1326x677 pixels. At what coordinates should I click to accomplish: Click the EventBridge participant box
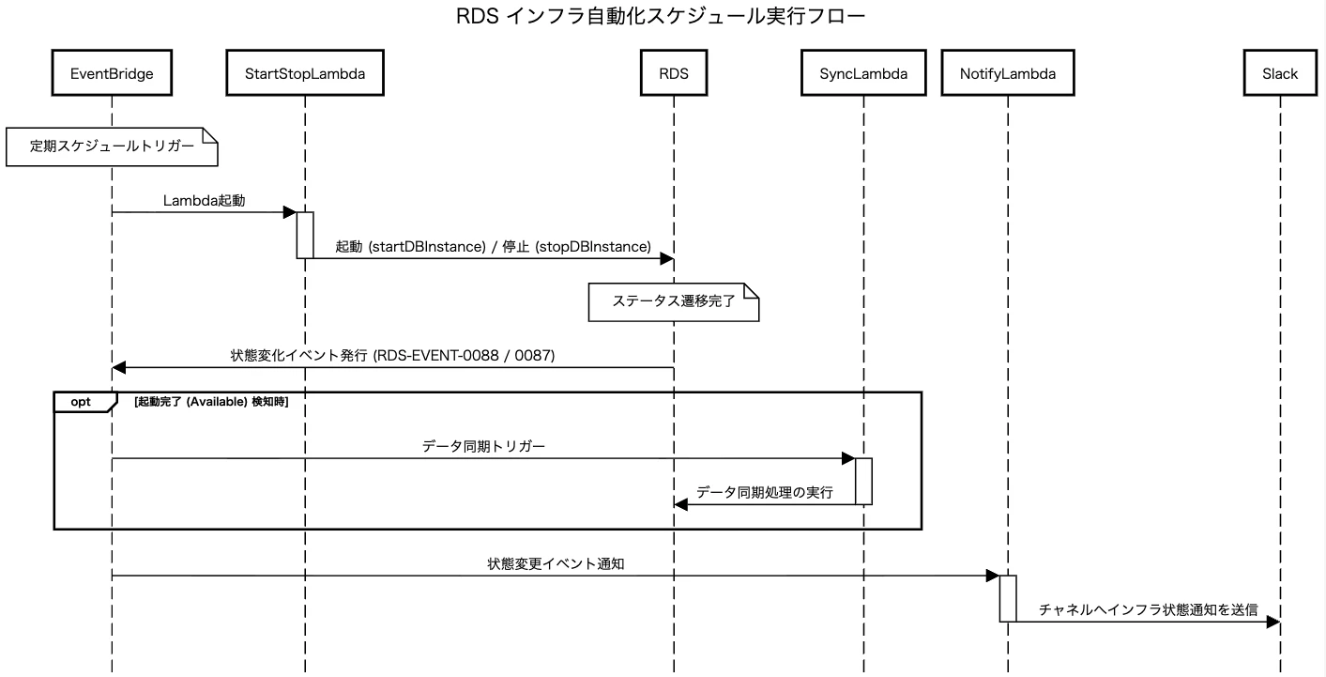click(x=112, y=73)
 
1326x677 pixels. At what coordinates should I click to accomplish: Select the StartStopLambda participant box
click(x=305, y=73)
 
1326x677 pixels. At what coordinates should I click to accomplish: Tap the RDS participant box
click(x=674, y=73)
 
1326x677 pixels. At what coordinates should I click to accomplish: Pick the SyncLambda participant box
click(x=863, y=73)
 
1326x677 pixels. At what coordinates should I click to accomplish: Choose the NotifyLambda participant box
click(x=1008, y=73)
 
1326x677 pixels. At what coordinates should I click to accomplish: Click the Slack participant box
click(x=1280, y=73)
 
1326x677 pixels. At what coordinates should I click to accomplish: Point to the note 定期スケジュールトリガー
click(x=112, y=146)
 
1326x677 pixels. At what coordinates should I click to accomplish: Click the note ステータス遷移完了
click(x=674, y=302)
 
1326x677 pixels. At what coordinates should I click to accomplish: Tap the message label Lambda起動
click(x=205, y=201)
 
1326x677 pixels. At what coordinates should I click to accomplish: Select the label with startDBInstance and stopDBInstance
click(x=493, y=246)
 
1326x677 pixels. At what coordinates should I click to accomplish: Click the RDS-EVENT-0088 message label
click(x=392, y=355)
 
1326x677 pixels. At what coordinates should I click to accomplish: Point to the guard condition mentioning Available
click(x=211, y=402)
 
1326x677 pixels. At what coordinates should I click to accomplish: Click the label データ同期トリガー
click(x=483, y=446)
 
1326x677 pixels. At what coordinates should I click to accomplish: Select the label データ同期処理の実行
click(x=765, y=492)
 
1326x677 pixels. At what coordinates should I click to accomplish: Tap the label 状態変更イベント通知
click(x=556, y=564)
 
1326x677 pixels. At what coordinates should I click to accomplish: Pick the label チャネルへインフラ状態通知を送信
click(x=1149, y=609)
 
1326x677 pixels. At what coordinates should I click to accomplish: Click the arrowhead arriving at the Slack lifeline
click(x=1273, y=622)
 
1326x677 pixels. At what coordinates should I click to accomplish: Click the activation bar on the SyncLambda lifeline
click(x=863, y=482)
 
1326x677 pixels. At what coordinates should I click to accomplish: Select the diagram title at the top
click(x=661, y=16)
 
